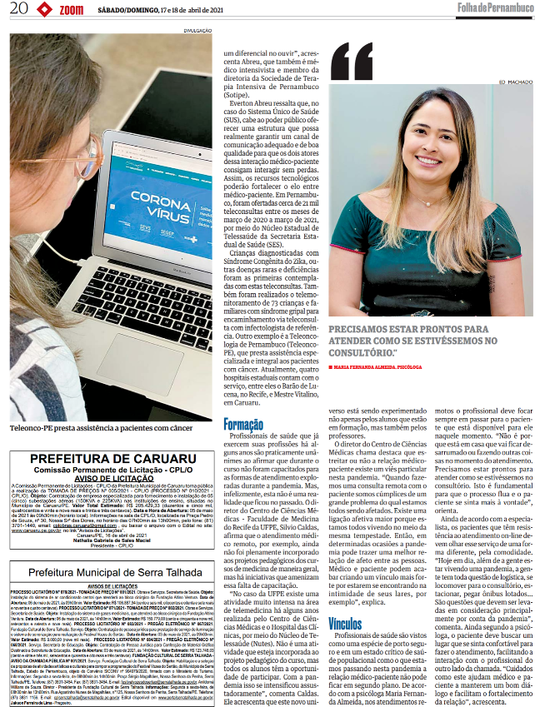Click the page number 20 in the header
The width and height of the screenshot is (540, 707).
[x=17, y=9]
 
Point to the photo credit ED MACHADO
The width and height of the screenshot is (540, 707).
[x=515, y=82]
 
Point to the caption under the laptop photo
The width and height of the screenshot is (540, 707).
[x=102, y=428]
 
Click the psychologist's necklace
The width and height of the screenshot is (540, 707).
[x=425, y=201]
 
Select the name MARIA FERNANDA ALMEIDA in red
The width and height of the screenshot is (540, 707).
[x=375, y=366]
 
